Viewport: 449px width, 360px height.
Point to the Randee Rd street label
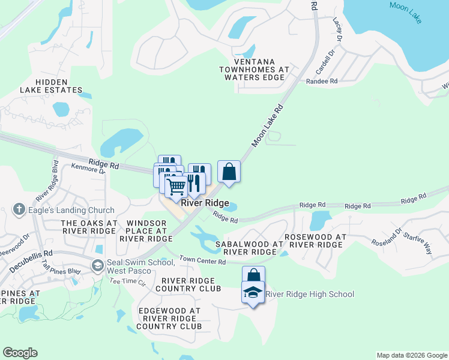[322, 81]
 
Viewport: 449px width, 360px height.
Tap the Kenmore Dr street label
[88, 170]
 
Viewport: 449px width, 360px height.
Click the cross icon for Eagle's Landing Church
[19, 210]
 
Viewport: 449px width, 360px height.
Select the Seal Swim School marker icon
[97, 265]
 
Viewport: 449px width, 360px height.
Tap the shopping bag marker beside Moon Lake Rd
[229, 172]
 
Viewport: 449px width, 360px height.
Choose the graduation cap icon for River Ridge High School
[253, 294]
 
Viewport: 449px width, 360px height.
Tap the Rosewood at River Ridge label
[315, 241]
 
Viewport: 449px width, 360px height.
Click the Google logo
[20, 353]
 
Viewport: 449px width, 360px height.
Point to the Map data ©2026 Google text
[412, 355]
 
